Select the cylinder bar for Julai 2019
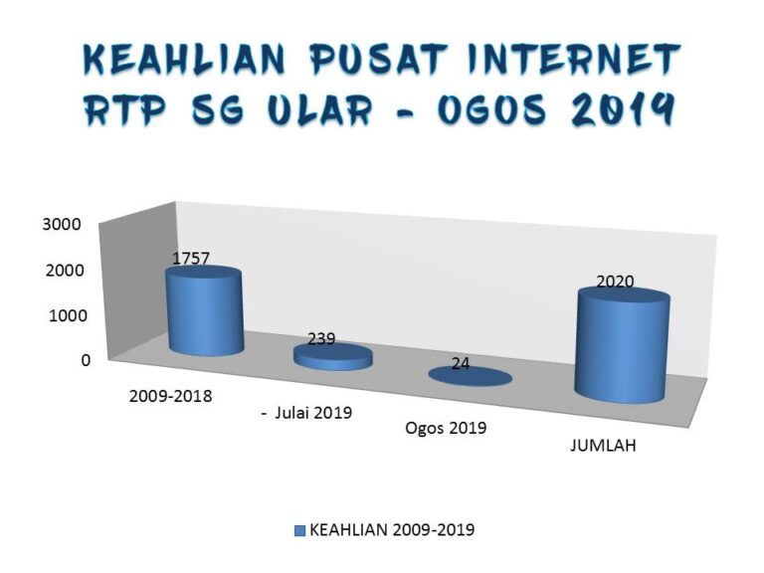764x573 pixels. (333, 358)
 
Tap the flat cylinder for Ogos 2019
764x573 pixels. (470, 376)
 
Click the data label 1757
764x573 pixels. (191, 258)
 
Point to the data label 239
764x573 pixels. (321, 338)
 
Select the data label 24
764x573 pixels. (461, 364)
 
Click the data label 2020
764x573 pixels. (615, 282)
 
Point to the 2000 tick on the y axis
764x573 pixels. (62, 270)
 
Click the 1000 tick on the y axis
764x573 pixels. (62, 315)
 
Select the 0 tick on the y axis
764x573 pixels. (86, 360)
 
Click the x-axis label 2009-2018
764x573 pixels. (170, 394)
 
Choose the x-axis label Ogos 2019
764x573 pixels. (446, 429)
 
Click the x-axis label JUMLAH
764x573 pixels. (603, 447)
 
